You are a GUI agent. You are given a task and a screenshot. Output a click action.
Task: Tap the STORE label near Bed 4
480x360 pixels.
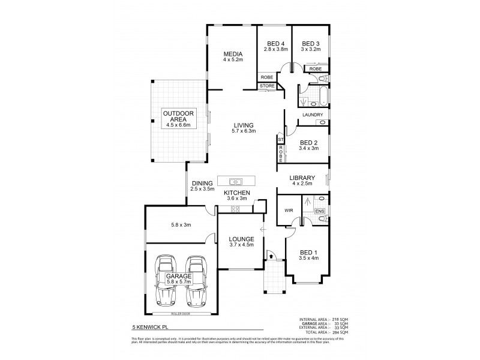point(267,86)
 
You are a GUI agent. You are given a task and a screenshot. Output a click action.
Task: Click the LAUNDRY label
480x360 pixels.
point(313,115)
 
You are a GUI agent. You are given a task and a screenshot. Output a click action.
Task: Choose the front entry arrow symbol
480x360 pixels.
point(271,256)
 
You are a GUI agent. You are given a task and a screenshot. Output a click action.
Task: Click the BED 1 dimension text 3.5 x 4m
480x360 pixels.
point(308,259)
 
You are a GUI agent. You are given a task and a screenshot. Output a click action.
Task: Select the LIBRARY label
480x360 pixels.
point(302,178)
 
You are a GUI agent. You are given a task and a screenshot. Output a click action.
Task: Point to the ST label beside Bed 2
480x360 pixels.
point(280,140)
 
